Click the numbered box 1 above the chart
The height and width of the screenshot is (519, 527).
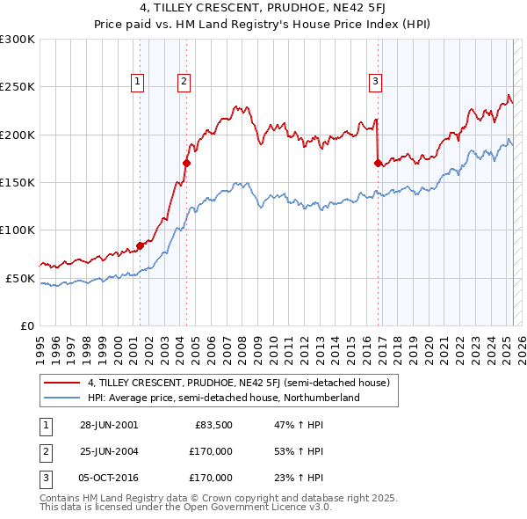pyautogui.click(x=139, y=82)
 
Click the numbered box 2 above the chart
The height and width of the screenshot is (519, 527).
pyautogui.click(x=184, y=82)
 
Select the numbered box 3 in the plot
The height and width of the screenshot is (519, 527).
pyautogui.click(x=375, y=82)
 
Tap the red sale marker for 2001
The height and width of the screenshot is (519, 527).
pyautogui.click(x=140, y=245)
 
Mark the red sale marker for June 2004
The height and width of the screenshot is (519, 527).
pyautogui.click(x=186, y=163)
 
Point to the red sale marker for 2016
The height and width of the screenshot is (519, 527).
pyautogui.click(x=378, y=163)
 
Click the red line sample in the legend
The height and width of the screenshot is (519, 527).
pyautogui.click(x=61, y=383)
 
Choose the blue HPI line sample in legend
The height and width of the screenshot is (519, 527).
pyautogui.click(x=61, y=398)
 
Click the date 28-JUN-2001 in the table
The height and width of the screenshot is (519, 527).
pyautogui.click(x=108, y=425)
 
